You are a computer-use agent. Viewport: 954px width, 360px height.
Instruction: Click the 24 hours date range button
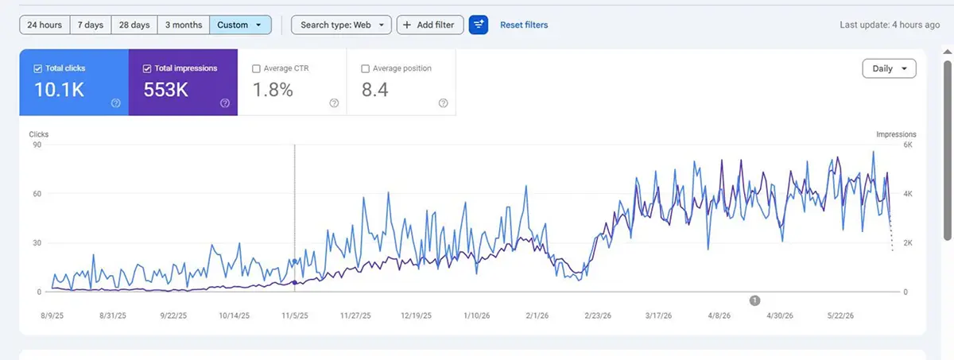(45, 25)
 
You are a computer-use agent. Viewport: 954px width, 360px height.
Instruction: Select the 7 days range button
(91, 25)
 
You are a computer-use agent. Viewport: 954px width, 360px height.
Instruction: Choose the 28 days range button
(134, 25)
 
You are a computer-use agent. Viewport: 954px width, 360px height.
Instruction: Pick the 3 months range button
(184, 25)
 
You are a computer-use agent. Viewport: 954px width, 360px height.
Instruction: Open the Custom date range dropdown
(240, 25)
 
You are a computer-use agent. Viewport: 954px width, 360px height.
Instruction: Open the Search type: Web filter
(341, 25)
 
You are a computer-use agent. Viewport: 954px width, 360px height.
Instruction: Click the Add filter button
(430, 25)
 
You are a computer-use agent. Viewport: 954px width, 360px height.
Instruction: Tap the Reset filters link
(524, 25)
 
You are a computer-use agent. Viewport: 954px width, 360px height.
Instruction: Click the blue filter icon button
(479, 25)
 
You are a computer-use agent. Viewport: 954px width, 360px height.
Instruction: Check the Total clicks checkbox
(38, 68)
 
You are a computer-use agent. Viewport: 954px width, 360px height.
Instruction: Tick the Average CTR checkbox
(256, 68)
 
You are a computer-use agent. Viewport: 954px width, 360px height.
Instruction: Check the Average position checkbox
(365, 68)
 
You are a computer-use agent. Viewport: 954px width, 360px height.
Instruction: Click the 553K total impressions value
(165, 90)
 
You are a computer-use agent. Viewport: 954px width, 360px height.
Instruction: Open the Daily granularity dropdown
(889, 68)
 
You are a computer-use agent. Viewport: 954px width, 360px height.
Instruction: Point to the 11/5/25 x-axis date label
(295, 315)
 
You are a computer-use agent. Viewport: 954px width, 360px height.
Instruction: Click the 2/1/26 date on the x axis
(537, 315)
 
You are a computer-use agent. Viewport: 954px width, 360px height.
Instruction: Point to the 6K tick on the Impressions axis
(908, 145)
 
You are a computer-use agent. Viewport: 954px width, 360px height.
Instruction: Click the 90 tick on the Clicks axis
(37, 145)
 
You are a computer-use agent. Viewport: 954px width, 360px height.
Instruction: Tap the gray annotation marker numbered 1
(754, 301)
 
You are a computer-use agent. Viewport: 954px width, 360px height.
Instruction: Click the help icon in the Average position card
(444, 103)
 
